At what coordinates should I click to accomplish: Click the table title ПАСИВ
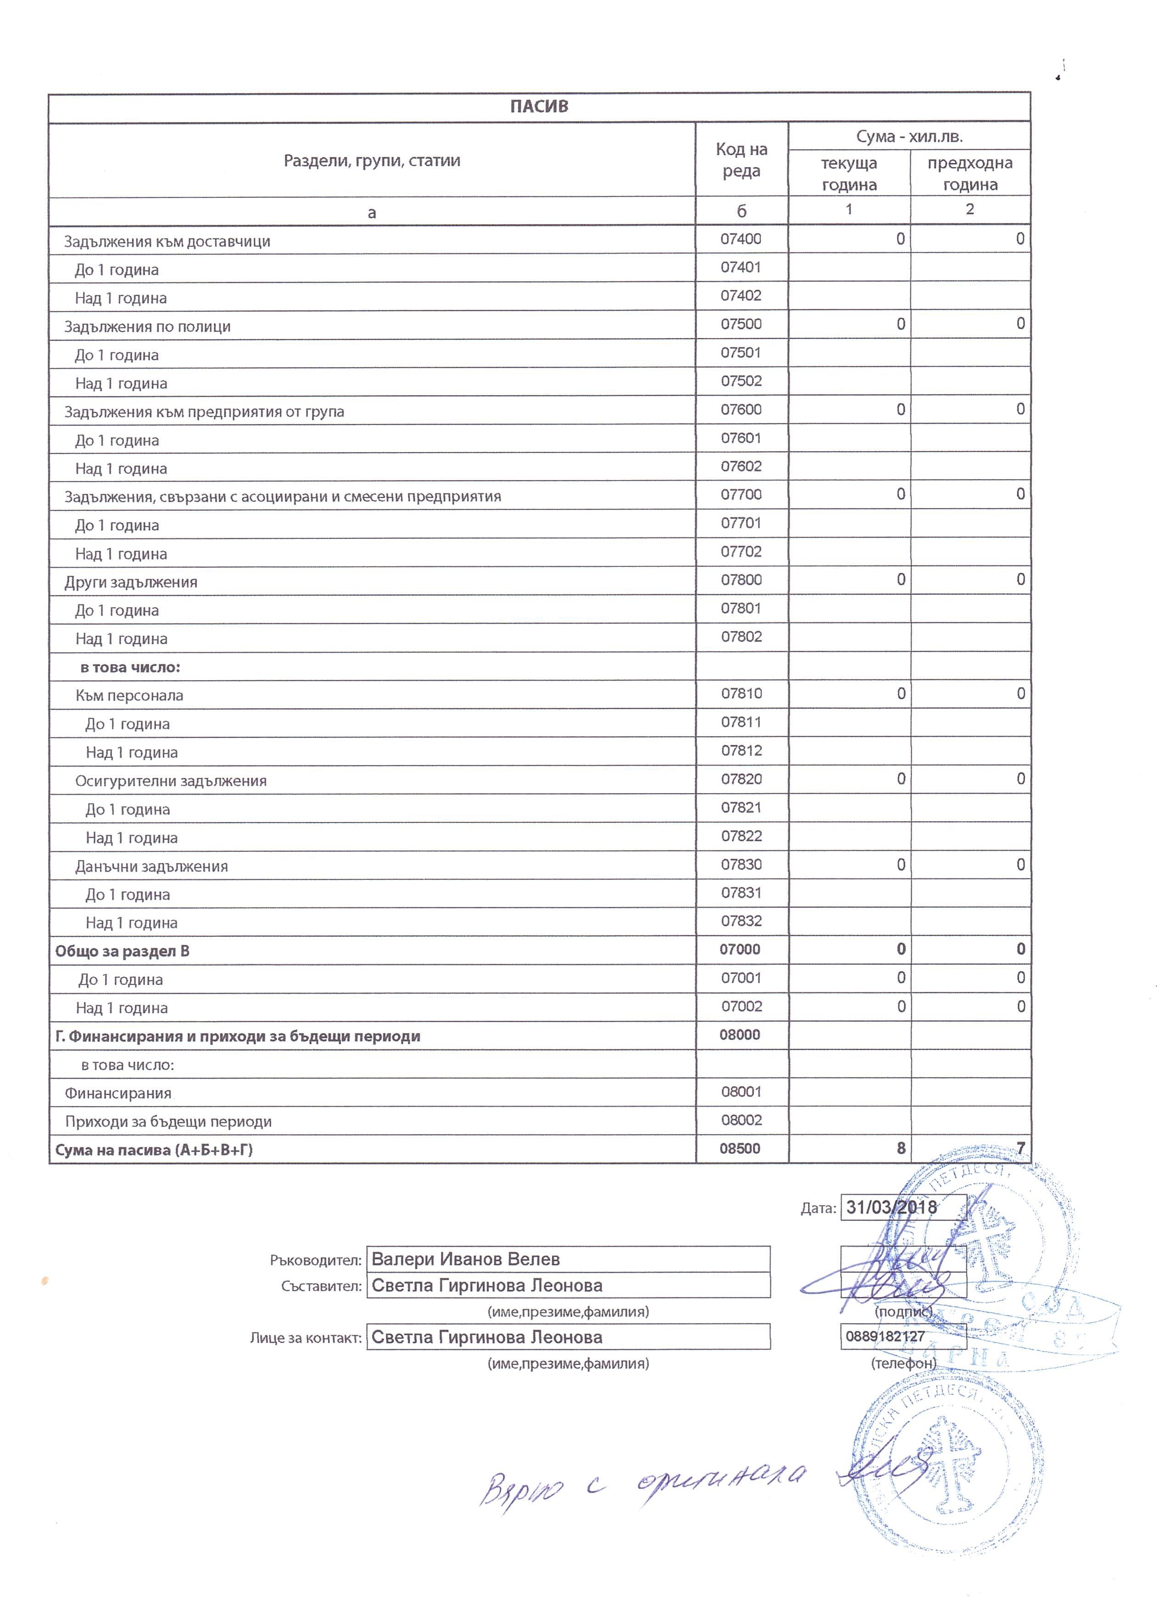(x=539, y=106)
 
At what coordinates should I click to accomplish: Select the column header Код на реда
(x=742, y=160)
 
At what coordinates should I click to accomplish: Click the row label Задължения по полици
(x=148, y=327)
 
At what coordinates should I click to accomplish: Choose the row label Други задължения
(x=131, y=582)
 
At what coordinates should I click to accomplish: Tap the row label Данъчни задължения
(x=152, y=867)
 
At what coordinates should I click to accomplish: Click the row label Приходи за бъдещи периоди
(x=168, y=1122)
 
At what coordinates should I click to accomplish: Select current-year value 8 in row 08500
(x=900, y=1148)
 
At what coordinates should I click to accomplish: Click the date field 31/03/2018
(x=892, y=1207)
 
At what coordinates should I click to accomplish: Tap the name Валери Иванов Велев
(x=466, y=1259)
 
